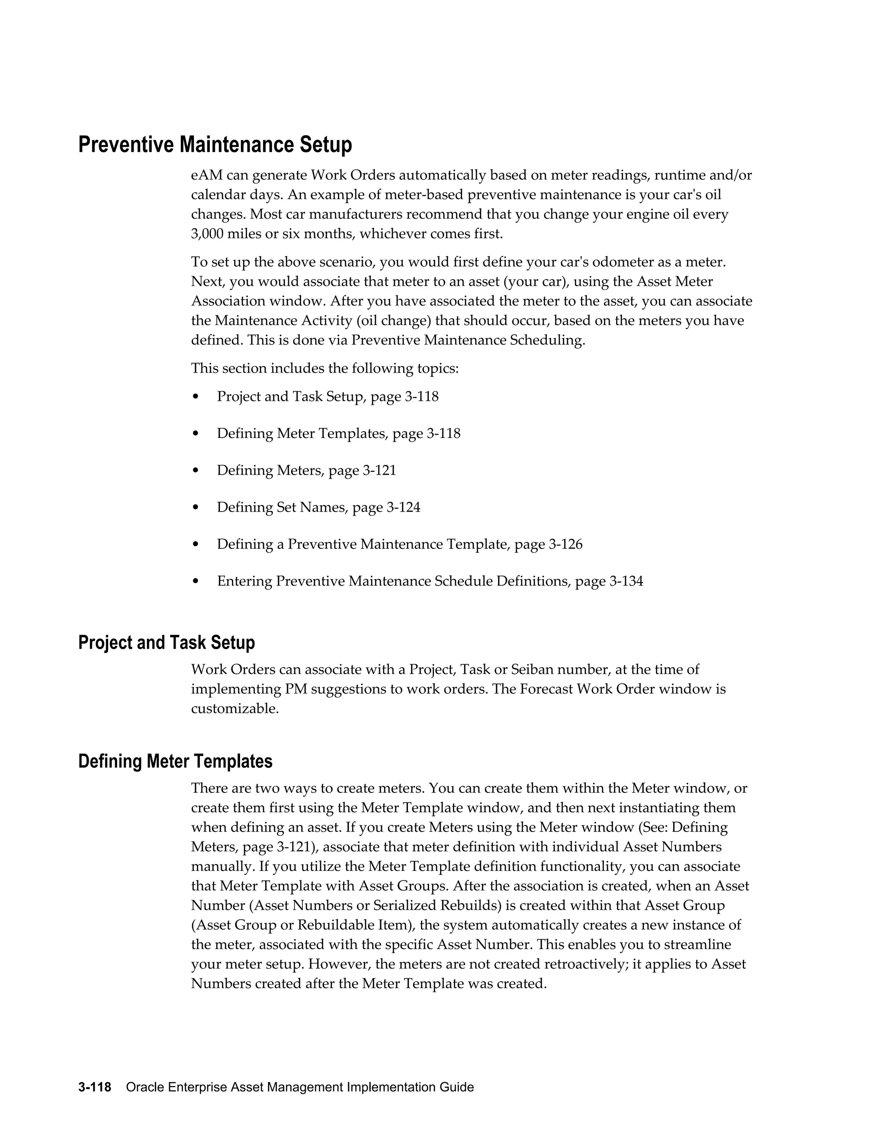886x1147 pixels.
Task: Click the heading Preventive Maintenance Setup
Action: coord(215,145)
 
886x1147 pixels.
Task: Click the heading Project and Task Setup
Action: coord(167,642)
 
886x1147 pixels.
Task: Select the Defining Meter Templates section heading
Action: coord(175,761)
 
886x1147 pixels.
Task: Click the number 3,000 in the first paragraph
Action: coord(207,234)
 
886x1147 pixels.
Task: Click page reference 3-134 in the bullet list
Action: coord(626,581)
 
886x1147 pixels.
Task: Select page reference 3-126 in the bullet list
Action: coord(565,545)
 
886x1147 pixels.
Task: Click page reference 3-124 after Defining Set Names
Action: coord(403,508)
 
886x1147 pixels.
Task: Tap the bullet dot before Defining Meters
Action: coord(196,471)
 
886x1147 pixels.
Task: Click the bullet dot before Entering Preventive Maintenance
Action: coord(196,582)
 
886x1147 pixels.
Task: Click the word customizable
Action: coord(234,709)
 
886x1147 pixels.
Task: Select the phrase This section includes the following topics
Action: coord(324,369)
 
